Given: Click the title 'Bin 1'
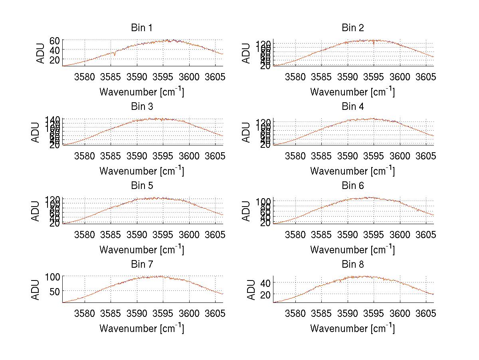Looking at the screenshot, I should click(x=141, y=28).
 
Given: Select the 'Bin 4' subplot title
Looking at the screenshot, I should click(x=352, y=107).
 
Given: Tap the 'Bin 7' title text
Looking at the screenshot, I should click(x=141, y=265).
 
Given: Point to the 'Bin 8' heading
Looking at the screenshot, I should click(x=352, y=265).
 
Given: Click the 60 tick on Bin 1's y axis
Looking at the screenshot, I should click(x=55, y=40).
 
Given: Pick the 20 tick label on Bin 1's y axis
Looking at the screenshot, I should click(x=55, y=59).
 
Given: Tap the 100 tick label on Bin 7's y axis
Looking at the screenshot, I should click(x=52, y=276).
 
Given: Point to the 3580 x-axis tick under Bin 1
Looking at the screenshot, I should click(x=84, y=76).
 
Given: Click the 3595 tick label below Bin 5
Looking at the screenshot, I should click(x=163, y=234).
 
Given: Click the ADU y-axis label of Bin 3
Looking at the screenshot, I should click(x=36, y=132).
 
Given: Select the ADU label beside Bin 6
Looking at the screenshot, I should click(x=247, y=211).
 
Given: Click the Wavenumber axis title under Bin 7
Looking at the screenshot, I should click(x=141, y=328).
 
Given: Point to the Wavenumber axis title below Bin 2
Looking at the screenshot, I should click(x=352, y=92).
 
